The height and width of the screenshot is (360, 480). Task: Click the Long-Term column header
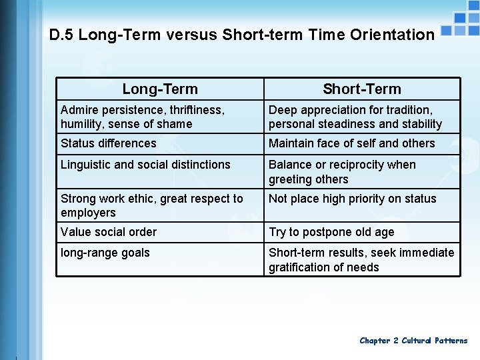coord(160,89)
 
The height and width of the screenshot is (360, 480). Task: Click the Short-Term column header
coord(362,89)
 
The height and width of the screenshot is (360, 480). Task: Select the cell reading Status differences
coord(109,143)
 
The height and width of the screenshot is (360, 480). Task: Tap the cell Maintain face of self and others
coord(351,143)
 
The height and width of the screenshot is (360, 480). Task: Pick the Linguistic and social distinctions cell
coord(145,165)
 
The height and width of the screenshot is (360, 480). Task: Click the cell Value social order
coord(109,232)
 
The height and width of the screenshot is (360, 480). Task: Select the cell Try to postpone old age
coord(331,232)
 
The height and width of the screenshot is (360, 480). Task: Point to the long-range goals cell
coord(105,253)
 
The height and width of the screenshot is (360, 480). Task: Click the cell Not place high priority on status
coord(352,199)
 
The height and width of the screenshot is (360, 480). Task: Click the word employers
coord(88,213)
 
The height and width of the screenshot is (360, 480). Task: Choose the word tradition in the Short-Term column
coord(407,110)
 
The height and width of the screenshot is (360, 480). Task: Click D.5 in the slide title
coord(61,35)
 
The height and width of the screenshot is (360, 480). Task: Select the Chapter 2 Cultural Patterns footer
coord(413,341)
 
